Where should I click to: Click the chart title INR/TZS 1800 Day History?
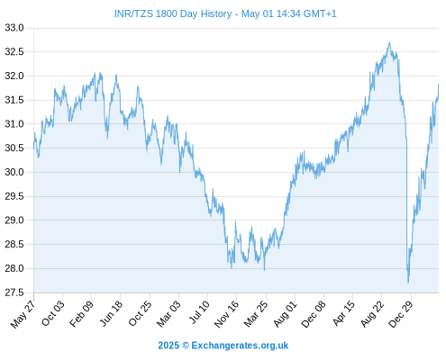[x=173, y=14]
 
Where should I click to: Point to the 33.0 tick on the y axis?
[x=14, y=28]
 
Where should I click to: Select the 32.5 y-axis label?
[x=14, y=52]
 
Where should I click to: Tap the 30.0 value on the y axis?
[x=14, y=172]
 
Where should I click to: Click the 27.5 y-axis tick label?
[x=14, y=292]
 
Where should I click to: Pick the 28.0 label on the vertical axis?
[x=14, y=268]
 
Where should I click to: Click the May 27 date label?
[x=23, y=314]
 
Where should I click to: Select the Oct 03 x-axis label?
[x=53, y=313]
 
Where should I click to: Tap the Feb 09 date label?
[x=81, y=314]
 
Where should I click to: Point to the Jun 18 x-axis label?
[x=111, y=313]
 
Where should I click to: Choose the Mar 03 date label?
[x=168, y=314]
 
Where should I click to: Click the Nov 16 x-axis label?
[x=226, y=314]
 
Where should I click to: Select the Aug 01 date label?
[x=285, y=314]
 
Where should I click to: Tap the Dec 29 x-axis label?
[x=401, y=314]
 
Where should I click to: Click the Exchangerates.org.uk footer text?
[x=240, y=346]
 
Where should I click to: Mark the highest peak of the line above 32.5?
[x=390, y=42]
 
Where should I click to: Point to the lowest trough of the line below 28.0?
[x=408, y=283]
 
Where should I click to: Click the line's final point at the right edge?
[x=439, y=84]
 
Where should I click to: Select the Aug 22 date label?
[x=372, y=314]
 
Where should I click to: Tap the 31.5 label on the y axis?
[x=14, y=100]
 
